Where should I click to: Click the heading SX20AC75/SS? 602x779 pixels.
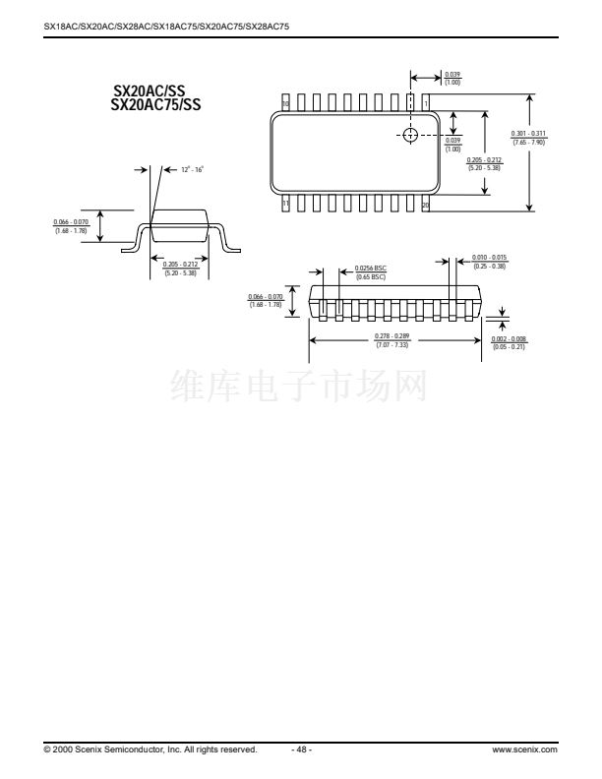[155, 105]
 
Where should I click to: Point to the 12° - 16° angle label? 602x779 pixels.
[191, 170]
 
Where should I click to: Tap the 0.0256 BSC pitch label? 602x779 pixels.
[369, 270]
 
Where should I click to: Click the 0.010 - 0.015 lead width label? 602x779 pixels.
[489, 258]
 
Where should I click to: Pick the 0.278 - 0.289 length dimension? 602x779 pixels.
[391, 337]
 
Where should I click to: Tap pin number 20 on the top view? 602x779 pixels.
[425, 205]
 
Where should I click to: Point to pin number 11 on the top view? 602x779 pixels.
[286, 205]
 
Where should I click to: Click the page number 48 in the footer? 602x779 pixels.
[302, 749]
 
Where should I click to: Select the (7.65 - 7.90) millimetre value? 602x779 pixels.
[528, 143]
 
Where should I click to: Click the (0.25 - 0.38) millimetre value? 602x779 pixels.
[489, 267]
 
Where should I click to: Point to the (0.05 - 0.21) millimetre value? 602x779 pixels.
[509, 347]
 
